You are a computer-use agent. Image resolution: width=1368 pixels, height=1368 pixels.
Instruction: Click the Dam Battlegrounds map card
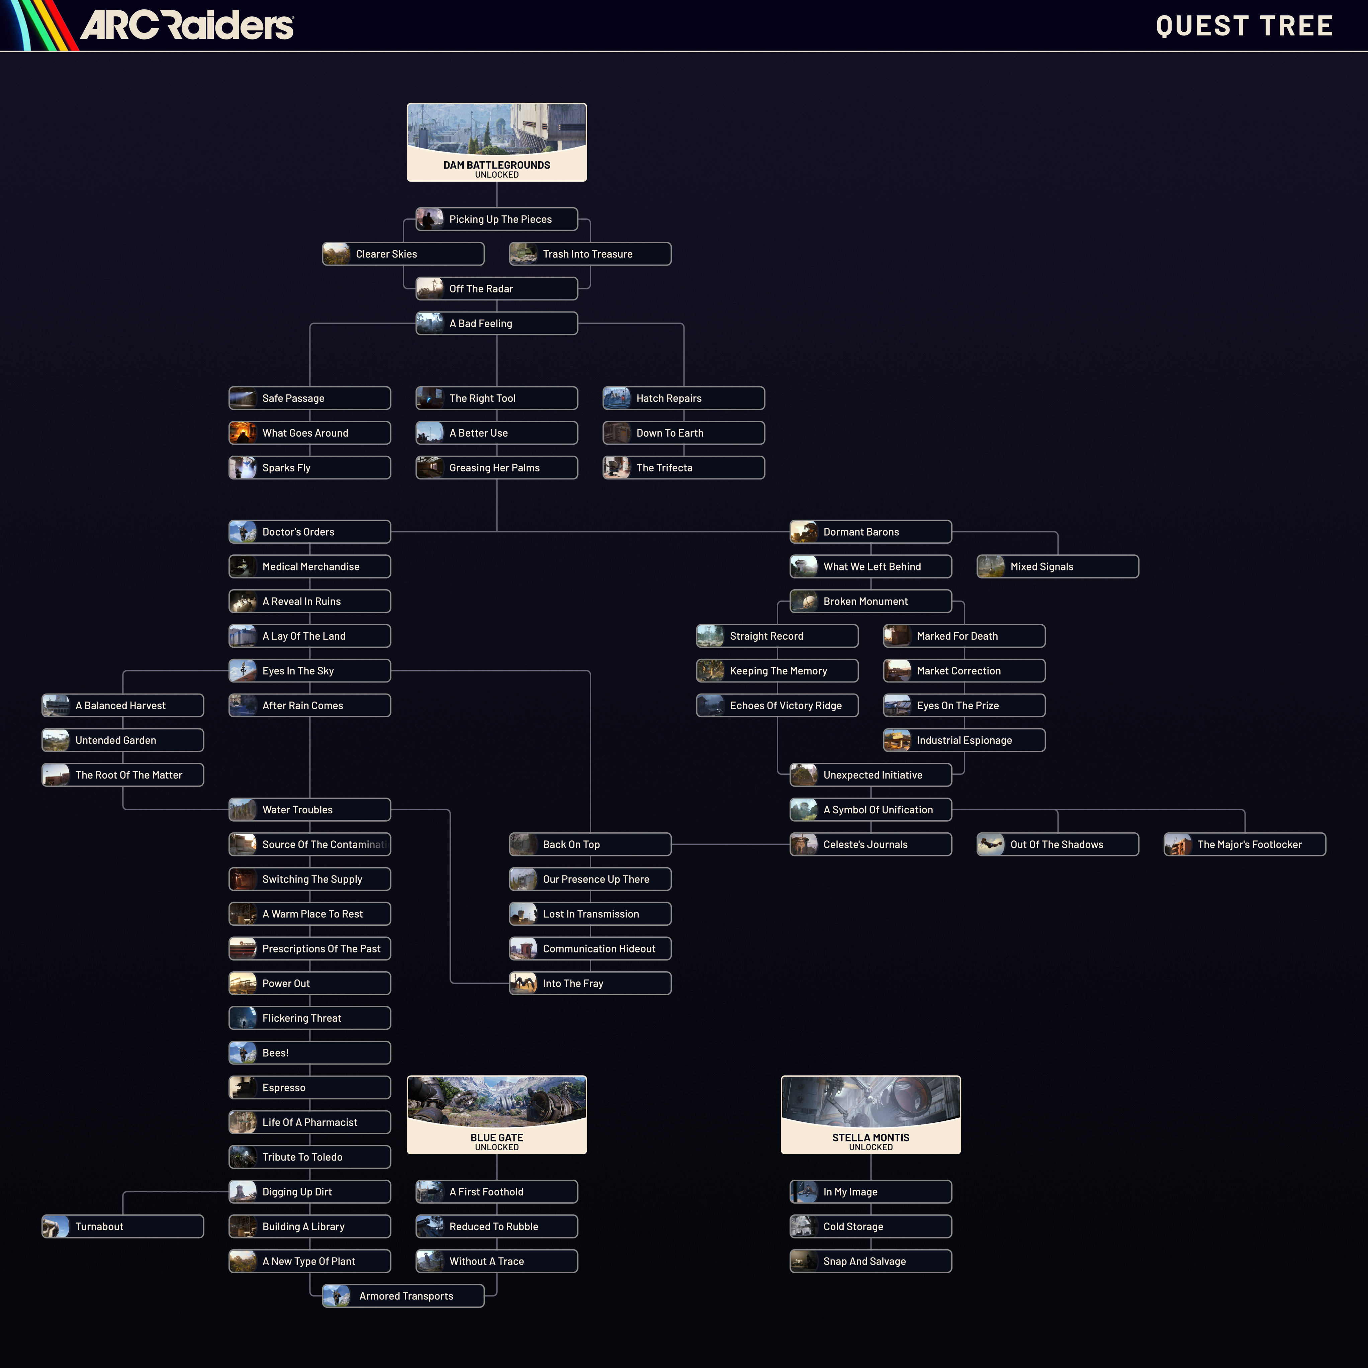pos(496,142)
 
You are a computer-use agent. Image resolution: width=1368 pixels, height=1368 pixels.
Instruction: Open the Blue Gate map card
pos(496,1114)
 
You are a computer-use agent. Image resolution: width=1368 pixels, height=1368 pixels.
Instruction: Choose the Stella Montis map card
pos(870,1114)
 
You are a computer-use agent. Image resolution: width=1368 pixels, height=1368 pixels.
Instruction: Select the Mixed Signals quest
pos(1057,566)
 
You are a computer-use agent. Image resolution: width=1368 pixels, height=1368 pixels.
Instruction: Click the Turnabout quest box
pos(122,1226)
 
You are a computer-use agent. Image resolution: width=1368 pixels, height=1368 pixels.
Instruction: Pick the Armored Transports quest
pos(403,1296)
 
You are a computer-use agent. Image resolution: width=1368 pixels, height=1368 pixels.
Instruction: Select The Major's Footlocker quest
pos(1244,844)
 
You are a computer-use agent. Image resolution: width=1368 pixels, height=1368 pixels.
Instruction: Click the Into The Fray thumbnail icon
pos(523,983)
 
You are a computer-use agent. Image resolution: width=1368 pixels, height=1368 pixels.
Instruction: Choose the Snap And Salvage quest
pos(870,1261)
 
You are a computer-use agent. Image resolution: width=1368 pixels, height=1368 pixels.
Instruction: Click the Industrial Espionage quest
pos(964,740)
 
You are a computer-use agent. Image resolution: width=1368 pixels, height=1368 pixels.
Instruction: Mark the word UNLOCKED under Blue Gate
pos(496,1147)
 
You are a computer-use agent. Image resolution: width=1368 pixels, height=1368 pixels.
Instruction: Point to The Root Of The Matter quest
pos(122,774)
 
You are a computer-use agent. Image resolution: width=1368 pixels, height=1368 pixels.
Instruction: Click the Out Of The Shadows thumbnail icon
pos(991,844)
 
